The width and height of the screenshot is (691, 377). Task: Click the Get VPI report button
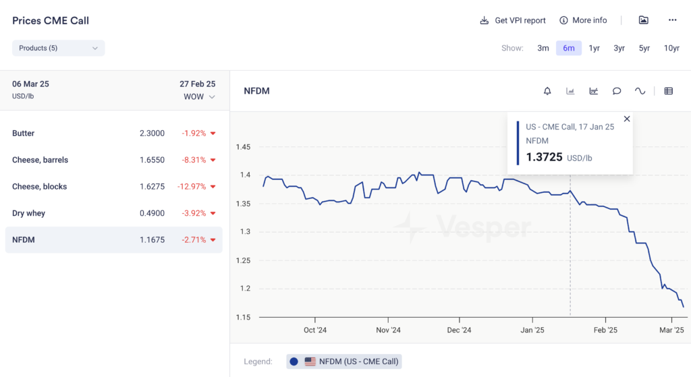click(513, 20)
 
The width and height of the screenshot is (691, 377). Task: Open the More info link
click(583, 20)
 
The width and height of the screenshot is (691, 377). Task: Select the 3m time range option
click(543, 48)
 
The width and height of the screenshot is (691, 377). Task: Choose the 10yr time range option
click(671, 48)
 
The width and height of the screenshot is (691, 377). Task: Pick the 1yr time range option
click(594, 48)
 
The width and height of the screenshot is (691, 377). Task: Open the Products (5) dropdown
click(58, 48)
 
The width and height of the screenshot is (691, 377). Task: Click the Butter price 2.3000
click(152, 134)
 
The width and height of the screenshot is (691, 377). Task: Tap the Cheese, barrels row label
click(40, 160)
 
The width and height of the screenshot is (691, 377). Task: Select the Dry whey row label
click(29, 213)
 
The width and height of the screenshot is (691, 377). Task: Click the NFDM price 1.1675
click(152, 240)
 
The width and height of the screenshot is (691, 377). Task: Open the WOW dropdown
click(199, 97)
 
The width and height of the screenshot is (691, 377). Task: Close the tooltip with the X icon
click(627, 119)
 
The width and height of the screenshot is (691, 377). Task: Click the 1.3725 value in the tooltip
click(544, 157)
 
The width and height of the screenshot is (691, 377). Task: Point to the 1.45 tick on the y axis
click(244, 147)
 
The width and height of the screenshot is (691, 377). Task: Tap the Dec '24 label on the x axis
click(459, 330)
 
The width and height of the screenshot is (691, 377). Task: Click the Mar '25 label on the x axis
click(671, 330)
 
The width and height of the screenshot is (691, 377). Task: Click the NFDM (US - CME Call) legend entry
click(343, 361)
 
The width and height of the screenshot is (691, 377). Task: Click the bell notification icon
click(547, 91)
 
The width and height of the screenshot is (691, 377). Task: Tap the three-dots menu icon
click(672, 20)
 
